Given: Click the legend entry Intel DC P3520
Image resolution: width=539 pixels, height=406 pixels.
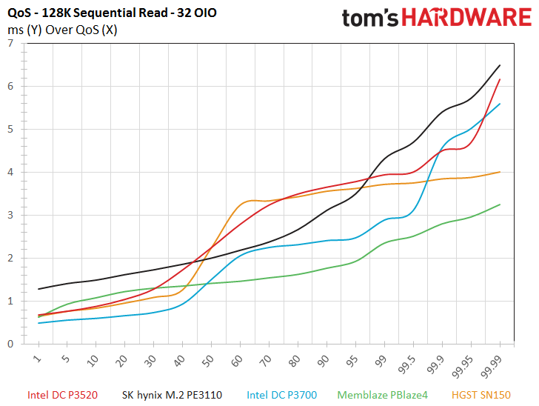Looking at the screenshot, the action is (62, 395).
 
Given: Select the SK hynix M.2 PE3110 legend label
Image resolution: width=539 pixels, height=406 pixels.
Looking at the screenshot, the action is (172, 395).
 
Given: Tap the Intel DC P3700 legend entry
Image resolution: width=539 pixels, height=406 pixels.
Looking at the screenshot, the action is (281, 395).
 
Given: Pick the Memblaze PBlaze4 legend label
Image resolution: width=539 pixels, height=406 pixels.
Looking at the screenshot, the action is (382, 395).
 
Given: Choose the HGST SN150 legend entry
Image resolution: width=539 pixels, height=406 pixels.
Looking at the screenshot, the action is (481, 395).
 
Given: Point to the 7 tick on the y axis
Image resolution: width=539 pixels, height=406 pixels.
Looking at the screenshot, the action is (10, 43).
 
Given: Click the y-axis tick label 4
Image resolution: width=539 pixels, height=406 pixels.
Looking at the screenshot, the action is (10, 172).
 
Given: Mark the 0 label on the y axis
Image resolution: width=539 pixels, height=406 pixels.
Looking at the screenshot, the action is (10, 344).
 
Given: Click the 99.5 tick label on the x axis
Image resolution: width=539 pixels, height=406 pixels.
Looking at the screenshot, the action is (407, 365).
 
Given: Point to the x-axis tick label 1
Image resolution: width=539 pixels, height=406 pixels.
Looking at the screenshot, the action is (37, 359).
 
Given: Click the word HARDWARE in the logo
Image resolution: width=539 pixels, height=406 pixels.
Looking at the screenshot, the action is (466, 18).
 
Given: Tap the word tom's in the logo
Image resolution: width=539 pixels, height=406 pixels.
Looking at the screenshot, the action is (370, 19).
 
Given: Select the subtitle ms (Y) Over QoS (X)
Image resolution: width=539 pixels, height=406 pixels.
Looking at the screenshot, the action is (62, 30).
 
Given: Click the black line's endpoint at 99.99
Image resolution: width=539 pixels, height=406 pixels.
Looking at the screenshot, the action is (500, 65).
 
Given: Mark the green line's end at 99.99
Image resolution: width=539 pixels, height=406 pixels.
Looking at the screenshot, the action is (500, 204).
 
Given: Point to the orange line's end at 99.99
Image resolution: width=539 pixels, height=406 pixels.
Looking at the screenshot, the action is (500, 172).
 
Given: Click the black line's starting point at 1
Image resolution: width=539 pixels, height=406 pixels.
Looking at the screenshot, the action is (38, 289).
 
